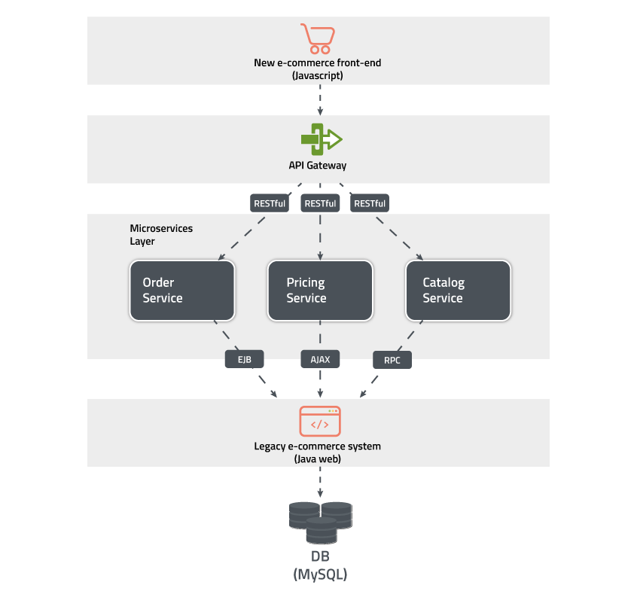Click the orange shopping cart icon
pyautogui.click(x=317, y=38)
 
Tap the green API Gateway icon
pyautogui.click(x=321, y=139)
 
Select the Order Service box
pyautogui.click(x=183, y=291)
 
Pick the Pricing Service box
pyautogui.click(x=320, y=291)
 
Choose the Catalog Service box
pyautogui.click(x=458, y=291)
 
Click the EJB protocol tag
pyautogui.click(x=244, y=360)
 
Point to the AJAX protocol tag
pyautogui.click(x=320, y=360)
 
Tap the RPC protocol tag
pyautogui.click(x=392, y=361)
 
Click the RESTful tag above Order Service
pyautogui.click(x=270, y=203)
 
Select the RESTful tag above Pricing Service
pyautogui.click(x=320, y=203)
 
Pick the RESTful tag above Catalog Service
pyautogui.click(x=370, y=203)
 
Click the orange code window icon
pyautogui.click(x=320, y=422)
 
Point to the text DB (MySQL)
pyautogui.click(x=320, y=565)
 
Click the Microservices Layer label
pyautogui.click(x=151, y=235)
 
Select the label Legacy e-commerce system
pyautogui.click(x=317, y=446)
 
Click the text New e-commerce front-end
pyautogui.click(x=317, y=62)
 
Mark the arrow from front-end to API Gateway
pyautogui.click(x=321, y=100)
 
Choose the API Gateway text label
pyautogui.click(x=318, y=165)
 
